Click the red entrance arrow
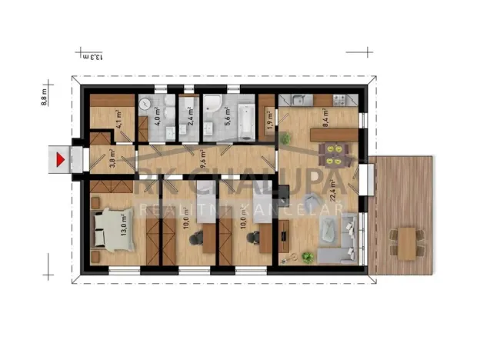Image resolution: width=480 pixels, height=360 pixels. click(x=59, y=159)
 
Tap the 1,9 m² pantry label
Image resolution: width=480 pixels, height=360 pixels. click(x=268, y=122)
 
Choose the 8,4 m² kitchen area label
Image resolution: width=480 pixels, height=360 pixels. click(x=327, y=117)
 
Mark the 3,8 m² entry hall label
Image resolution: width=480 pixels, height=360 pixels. click(x=112, y=158)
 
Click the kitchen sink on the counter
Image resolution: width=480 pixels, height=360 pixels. click(x=298, y=99)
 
